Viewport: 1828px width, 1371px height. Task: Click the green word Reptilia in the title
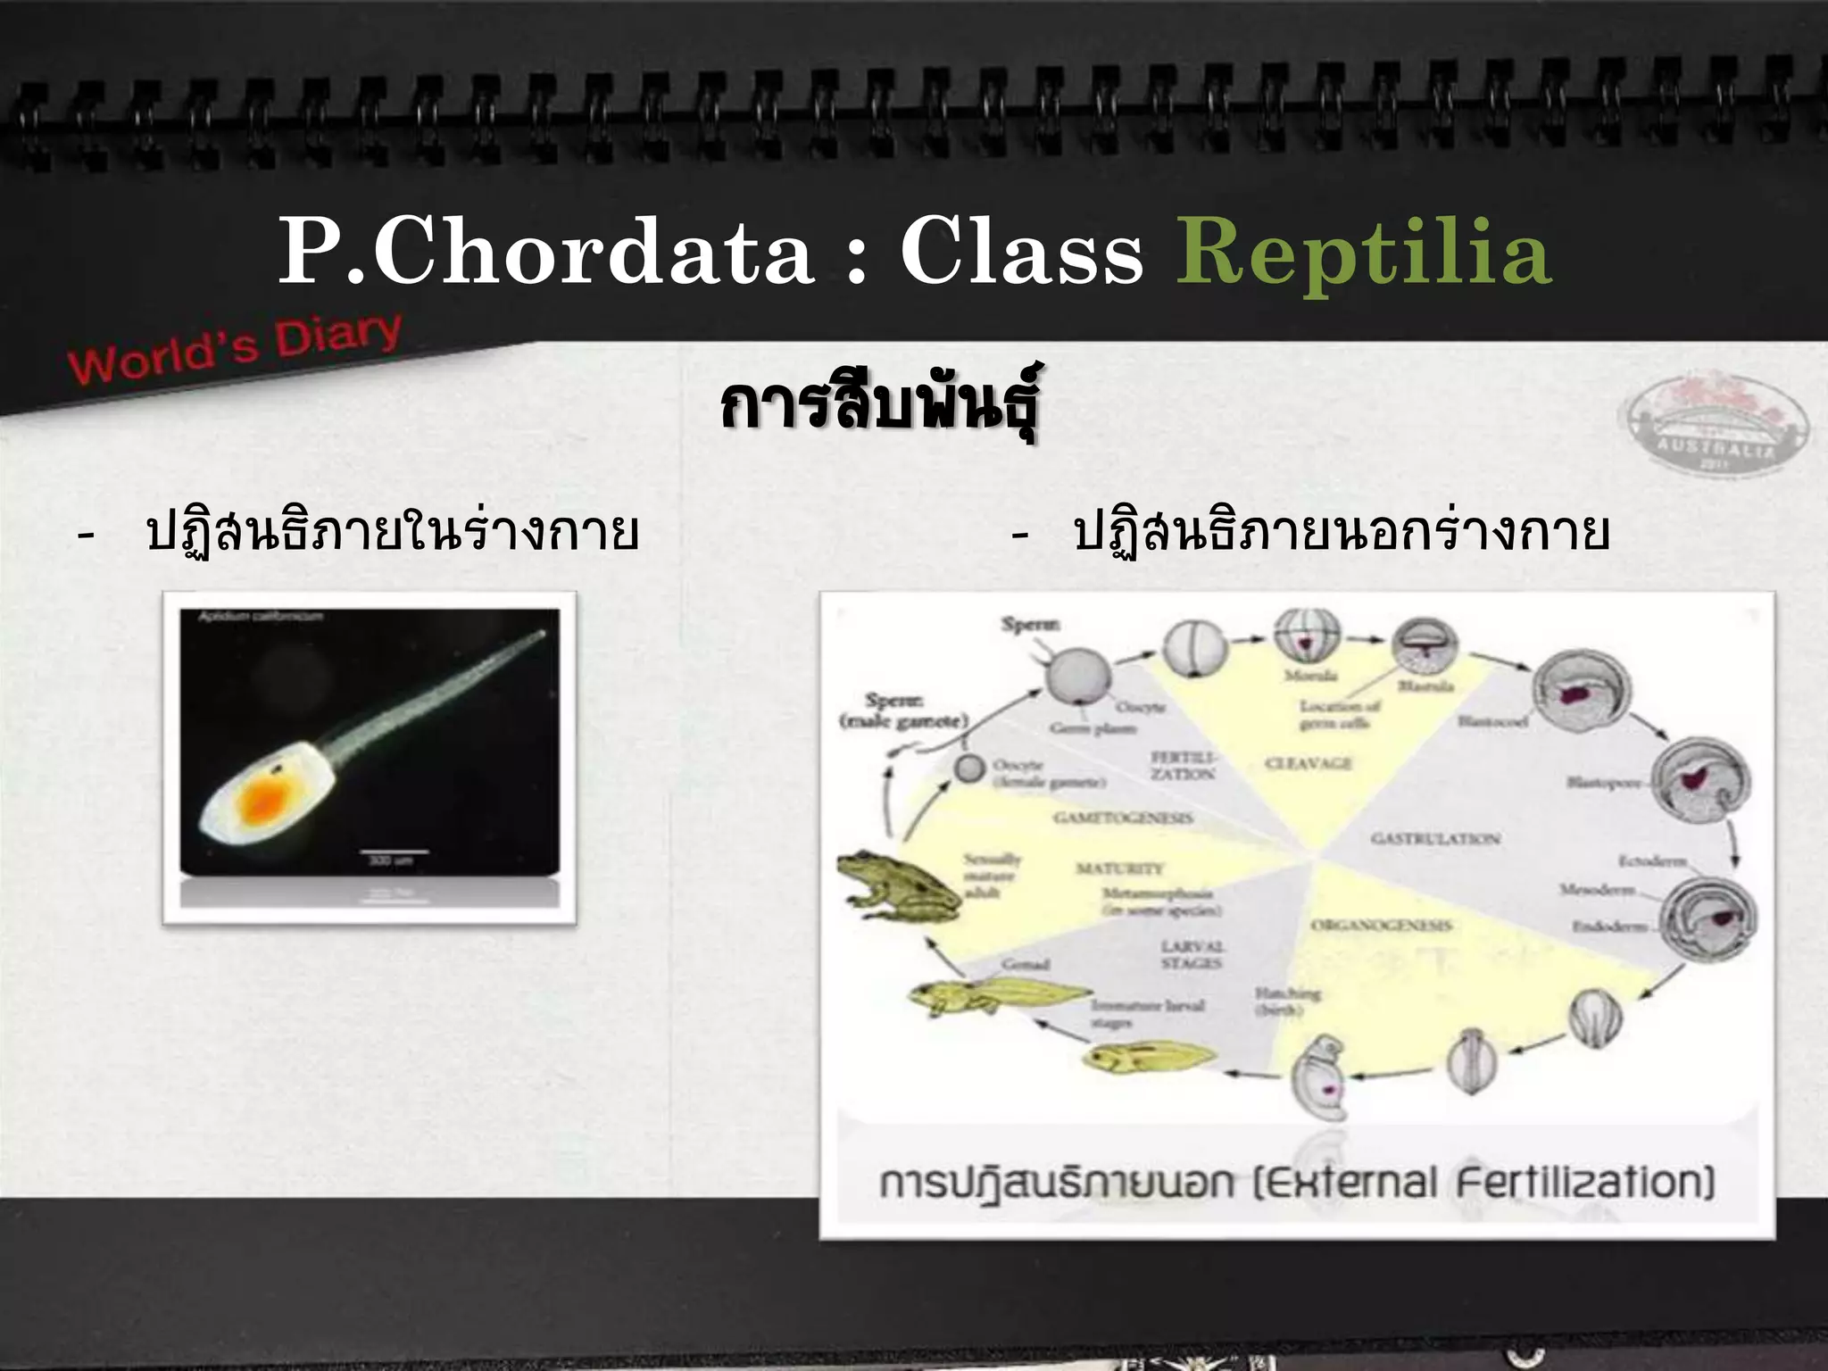tap(1364, 253)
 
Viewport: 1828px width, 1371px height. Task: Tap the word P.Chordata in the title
tap(545, 253)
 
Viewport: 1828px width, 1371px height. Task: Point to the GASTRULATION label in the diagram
tap(1434, 838)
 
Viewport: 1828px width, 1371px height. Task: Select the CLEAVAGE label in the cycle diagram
tap(1308, 763)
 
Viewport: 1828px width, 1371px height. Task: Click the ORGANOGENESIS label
tap(1380, 926)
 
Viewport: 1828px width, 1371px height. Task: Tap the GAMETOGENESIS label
tap(1123, 818)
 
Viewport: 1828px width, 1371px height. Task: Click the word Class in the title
tap(1021, 253)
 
